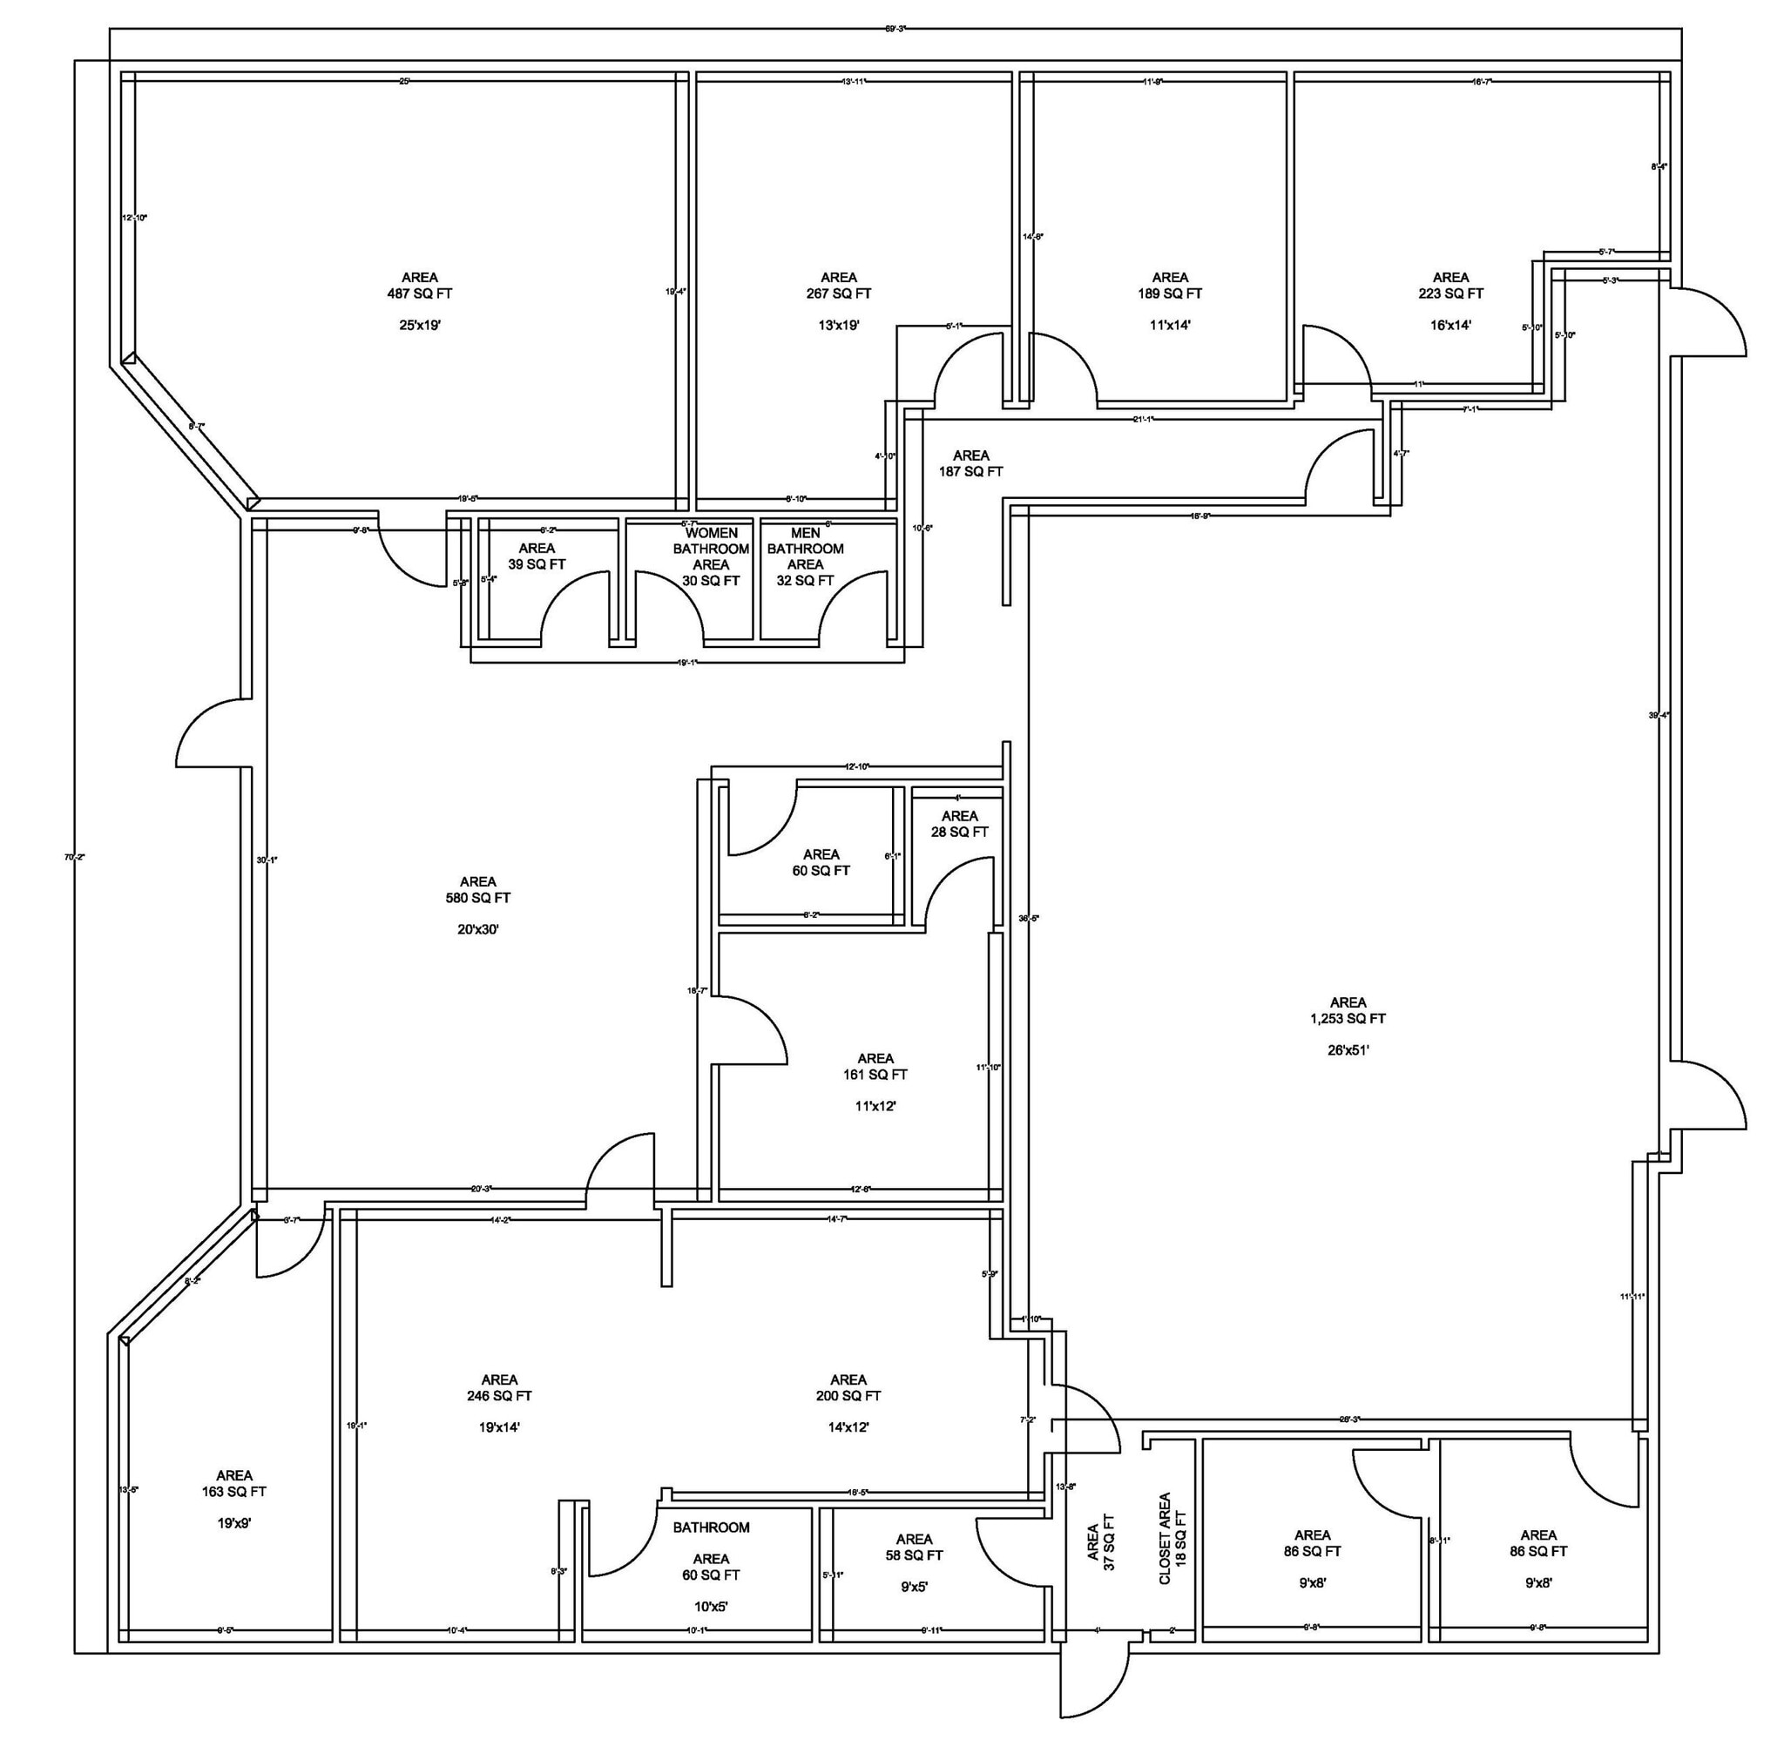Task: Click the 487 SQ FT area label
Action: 420,293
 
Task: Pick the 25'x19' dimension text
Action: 420,325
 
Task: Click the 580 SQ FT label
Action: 478,897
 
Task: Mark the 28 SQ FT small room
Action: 959,832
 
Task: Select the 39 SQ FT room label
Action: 537,563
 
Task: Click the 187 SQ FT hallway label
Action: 970,471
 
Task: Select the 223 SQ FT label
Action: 1450,293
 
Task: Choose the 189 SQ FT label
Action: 1170,293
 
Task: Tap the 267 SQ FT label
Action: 838,293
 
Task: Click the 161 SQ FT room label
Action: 875,1075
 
